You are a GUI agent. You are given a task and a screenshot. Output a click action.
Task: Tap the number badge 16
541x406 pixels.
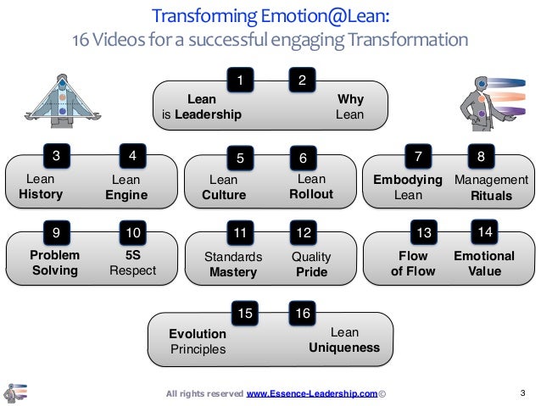[301, 314]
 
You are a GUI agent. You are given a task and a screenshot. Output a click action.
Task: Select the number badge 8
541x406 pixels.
[482, 157]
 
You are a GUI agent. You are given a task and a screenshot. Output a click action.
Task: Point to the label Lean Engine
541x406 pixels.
[126, 187]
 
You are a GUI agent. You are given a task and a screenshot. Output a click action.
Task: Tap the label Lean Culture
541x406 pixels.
[224, 187]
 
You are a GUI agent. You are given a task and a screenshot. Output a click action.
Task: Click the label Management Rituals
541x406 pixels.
[491, 187]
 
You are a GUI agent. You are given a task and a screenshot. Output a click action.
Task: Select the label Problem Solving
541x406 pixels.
[54, 263]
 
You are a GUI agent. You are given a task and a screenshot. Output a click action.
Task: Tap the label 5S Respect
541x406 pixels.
[132, 263]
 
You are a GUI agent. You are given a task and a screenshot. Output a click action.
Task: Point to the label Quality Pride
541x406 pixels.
[310, 264]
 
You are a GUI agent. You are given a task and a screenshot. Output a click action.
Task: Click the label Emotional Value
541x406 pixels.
[484, 263]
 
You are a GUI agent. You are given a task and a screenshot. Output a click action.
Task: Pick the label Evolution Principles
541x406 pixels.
[198, 341]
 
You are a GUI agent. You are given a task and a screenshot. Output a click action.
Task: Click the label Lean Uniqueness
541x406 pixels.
[343, 340]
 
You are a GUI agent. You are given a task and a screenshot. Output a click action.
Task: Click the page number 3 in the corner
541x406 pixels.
[522, 392]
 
